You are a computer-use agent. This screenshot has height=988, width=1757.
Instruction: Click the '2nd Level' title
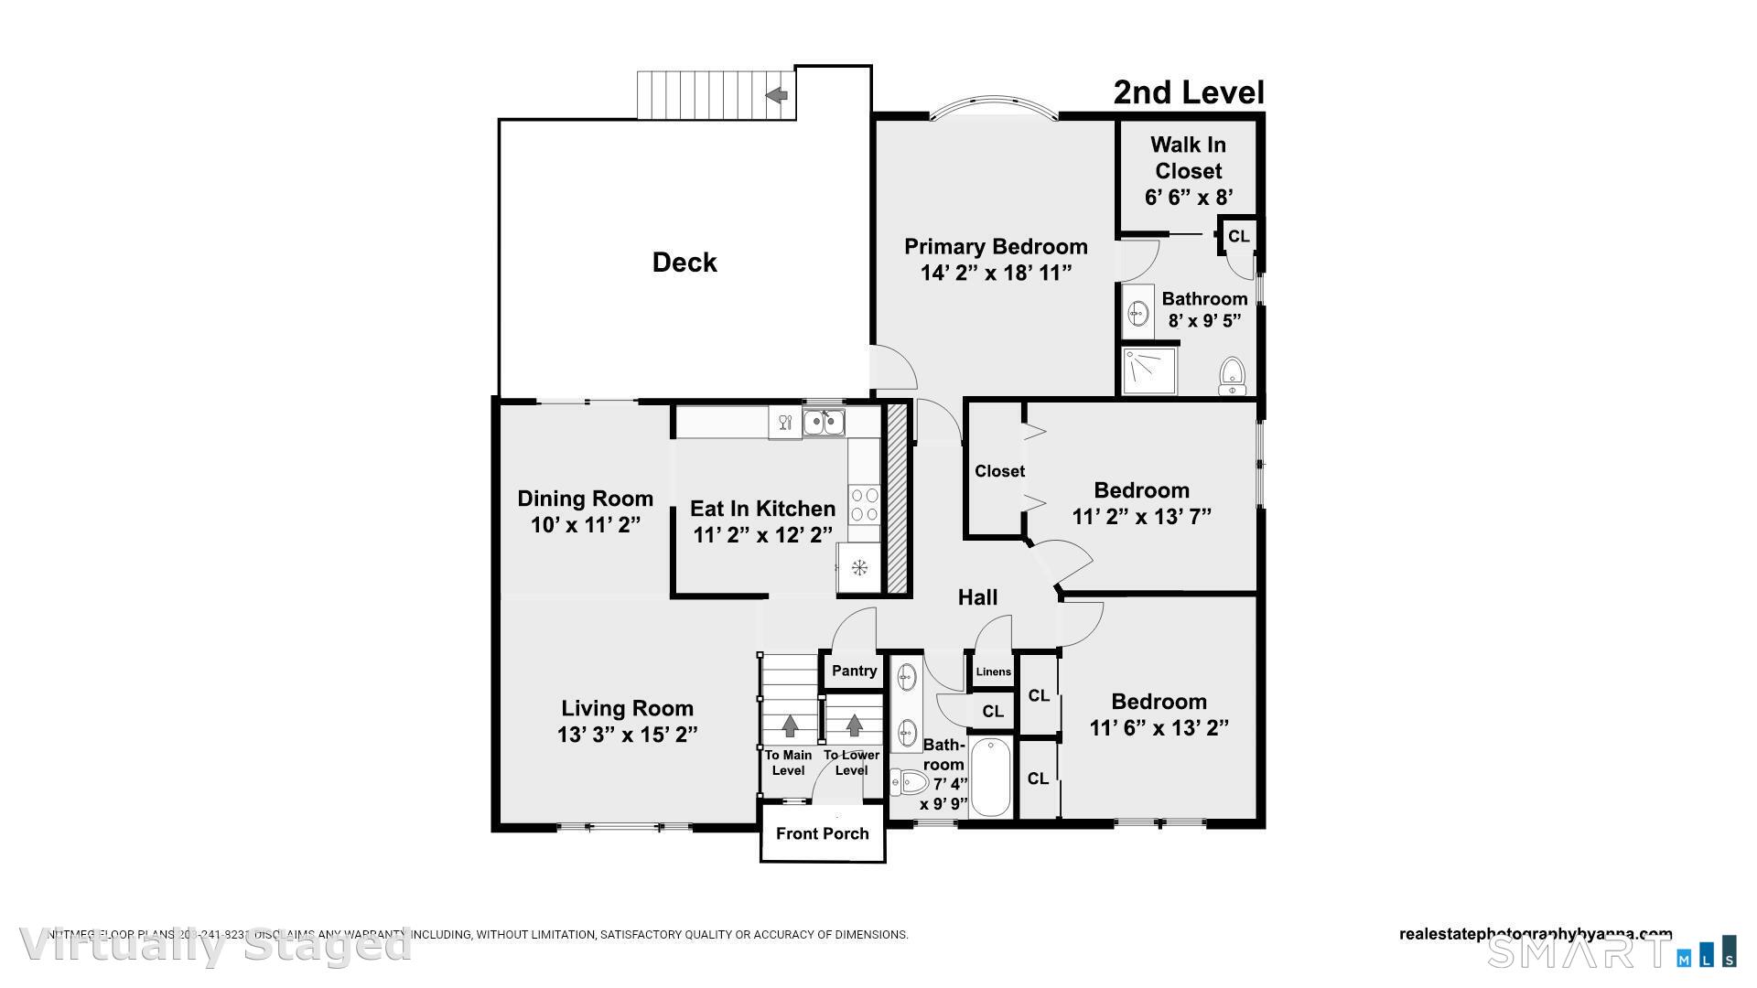click(x=1188, y=92)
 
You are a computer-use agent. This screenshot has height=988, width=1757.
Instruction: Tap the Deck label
click(x=684, y=263)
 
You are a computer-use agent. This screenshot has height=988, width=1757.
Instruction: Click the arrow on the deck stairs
click(x=777, y=94)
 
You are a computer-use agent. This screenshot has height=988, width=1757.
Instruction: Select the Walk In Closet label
click(x=1188, y=157)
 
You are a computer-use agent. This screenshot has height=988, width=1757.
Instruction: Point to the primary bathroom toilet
click(x=1233, y=376)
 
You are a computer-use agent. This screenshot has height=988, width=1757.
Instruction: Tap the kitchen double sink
click(x=824, y=423)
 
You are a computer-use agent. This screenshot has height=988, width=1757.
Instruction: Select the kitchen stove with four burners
click(x=865, y=503)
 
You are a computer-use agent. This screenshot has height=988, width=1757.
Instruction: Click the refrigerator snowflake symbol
click(x=859, y=568)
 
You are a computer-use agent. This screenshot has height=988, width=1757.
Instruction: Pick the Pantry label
click(x=854, y=671)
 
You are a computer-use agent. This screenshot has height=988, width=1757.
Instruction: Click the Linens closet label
click(x=993, y=671)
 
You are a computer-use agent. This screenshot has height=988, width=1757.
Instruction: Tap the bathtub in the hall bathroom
click(x=990, y=778)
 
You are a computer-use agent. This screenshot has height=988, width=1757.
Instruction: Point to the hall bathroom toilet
click(x=909, y=782)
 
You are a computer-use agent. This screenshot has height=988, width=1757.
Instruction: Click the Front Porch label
click(x=822, y=833)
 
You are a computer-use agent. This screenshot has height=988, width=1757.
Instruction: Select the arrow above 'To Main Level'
click(x=789, y=725)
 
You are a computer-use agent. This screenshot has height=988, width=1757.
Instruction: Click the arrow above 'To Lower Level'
click(x=854, y=725)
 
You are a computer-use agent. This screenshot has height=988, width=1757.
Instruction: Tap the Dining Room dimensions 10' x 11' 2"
click(x=585, y=525)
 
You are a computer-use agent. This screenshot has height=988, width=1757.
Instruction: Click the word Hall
click(x=977, y=597)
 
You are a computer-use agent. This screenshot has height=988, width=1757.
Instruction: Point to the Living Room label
click(x=627, y=708)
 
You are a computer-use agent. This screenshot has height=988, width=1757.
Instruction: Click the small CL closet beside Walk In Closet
click(x=1238, y=236)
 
